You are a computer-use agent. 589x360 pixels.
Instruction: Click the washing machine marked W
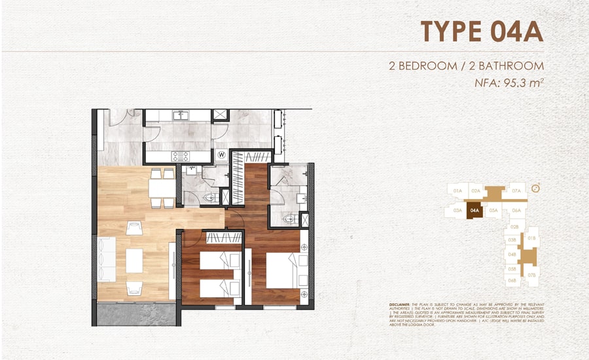point(222,155)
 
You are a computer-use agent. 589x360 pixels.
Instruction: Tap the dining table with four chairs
point(161,188)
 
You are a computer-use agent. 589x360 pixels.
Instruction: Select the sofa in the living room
point(105,260)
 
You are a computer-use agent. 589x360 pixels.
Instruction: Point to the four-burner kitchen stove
point(180,156)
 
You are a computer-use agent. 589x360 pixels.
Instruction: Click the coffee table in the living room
point(135,260)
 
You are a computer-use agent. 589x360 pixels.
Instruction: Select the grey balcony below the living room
point(135,314)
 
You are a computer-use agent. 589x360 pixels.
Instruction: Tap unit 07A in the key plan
point(517,190)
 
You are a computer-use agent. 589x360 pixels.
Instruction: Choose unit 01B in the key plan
point(532,238)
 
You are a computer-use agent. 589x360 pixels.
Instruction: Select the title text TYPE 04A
point(482,31)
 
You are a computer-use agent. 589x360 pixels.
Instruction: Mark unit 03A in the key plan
point(457,211)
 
